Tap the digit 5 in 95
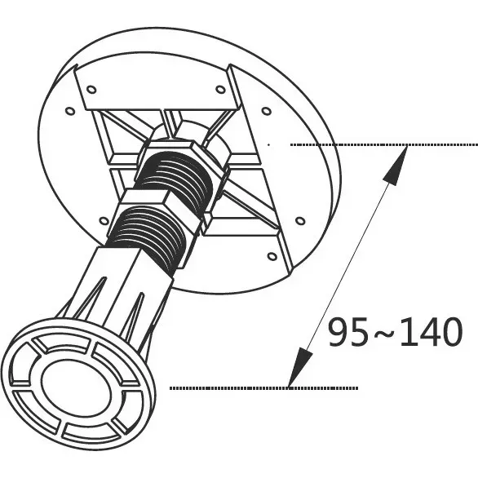point(360,332)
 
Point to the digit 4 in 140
point(430,332)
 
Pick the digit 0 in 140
point(453,332)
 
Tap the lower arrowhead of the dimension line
point(299,367)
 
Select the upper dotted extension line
point(384,144)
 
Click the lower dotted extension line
point(264,388)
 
